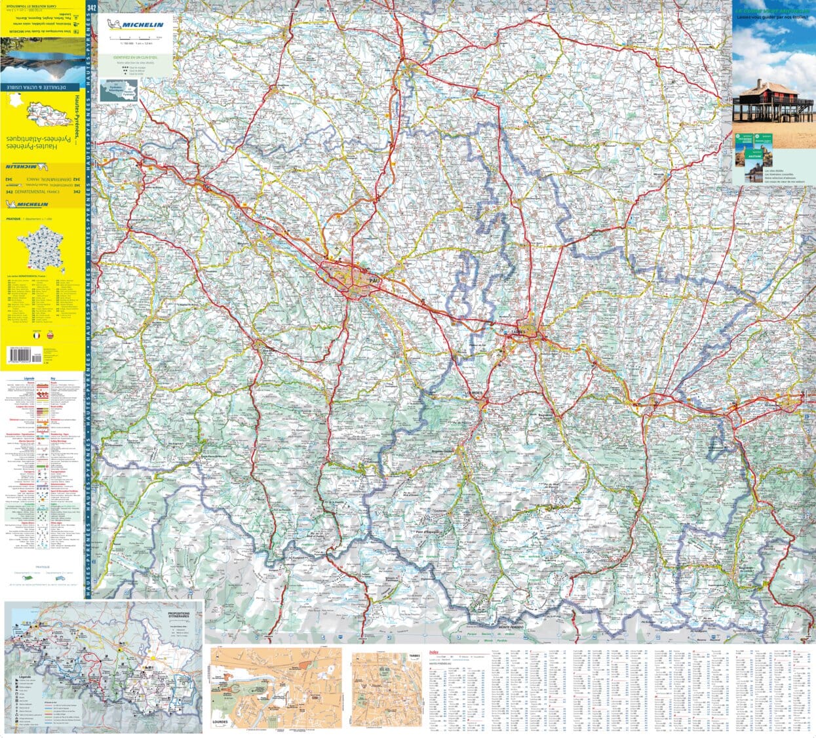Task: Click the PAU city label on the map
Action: [374, 281]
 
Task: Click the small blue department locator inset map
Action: [119, 90]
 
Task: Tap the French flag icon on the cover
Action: [38, 335]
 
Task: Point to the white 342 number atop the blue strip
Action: [91, 7]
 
